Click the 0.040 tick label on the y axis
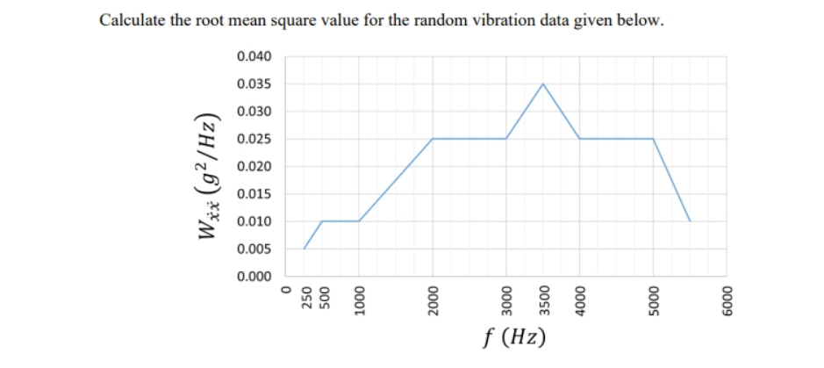pyautogui.click(x=254, y=57)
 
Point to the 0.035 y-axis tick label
pyautogui.click(x=254, y=84)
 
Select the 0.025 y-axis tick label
pyautogui.click(x=254, y=140)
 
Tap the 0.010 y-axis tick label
pyautogui.click(x=254, y=221)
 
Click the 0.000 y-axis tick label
pyautogui.click(x=254, y=277)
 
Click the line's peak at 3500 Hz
pyautogui.click(x=542, y=84)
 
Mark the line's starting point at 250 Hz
pyautogui.click(x=304, y=249)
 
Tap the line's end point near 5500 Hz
pyautogui.click(x=690, y=221)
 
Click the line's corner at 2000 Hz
pyautogui.click(x=433, y=139)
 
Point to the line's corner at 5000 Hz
pyautogui.click(x=653, y=139)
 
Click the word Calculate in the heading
pyautogui.click(x=132, y=20)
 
